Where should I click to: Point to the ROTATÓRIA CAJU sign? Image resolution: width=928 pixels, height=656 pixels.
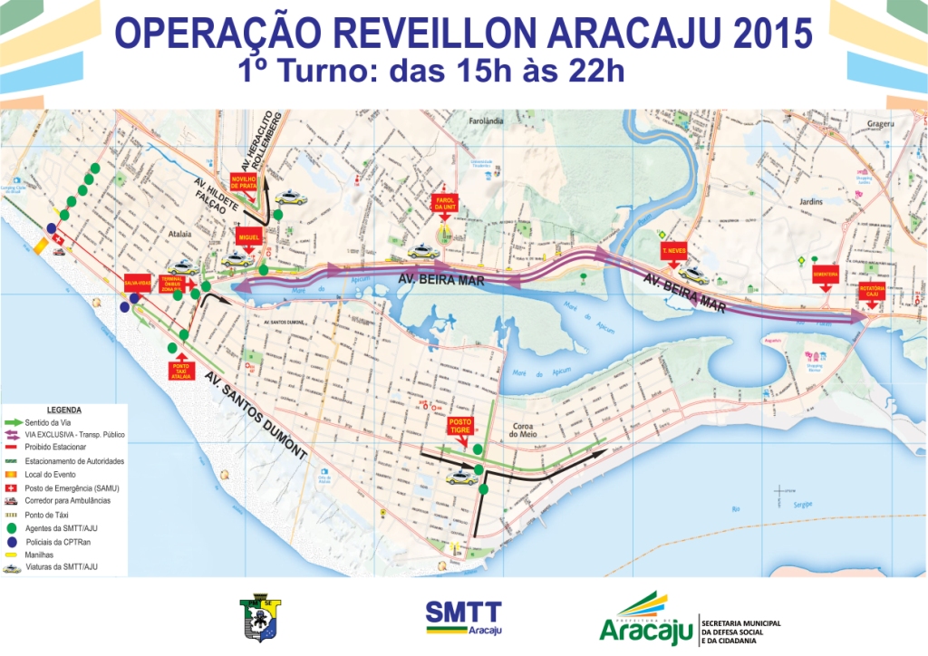point(870,291)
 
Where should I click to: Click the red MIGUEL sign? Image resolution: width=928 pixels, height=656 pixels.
point(248,237)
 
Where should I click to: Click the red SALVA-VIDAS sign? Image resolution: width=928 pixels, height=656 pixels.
point(136,282)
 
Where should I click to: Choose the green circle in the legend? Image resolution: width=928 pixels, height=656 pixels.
point(11,527)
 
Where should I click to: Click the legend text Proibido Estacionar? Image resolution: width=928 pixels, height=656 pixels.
point(55,448)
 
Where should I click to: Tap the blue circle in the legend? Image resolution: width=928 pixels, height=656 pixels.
point(11,541)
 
